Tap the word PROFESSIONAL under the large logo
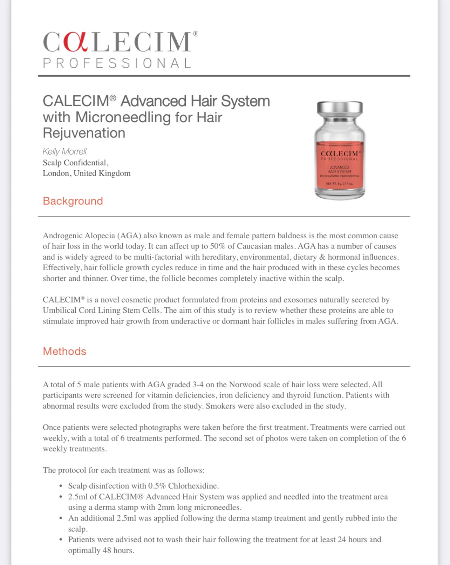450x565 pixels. pos(117,63)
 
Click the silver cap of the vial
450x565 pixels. pos(340,108)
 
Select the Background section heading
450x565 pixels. pos(73,201)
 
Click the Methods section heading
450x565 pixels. pos(64,351)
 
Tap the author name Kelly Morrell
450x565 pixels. pos(64,151)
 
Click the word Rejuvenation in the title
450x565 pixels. pos(84,133)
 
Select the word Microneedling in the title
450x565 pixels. pos(123,117)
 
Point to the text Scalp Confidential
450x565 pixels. pos(75,163)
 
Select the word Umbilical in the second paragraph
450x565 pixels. pos(60,310)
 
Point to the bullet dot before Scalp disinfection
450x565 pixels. pos(61,486)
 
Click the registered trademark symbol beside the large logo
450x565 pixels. pos(196,34)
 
